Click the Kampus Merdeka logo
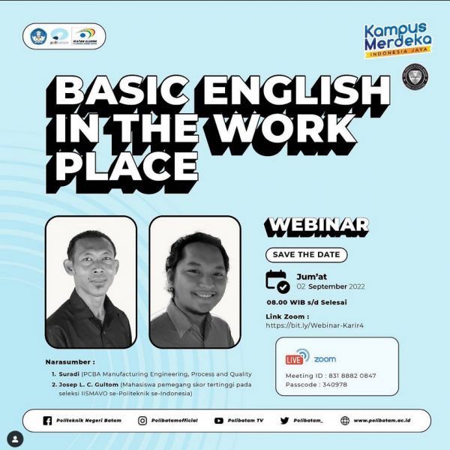(398, 41)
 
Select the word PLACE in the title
(126, 164)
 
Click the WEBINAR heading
(318, 224)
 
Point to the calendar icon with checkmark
(278, 280)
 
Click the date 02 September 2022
(330, 286)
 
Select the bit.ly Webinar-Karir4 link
(310, 326)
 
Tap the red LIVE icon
(298, 356)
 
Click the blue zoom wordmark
(325, 359)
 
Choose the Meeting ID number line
(331, 375)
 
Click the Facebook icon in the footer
(48, 421)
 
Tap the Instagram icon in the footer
(142, 421)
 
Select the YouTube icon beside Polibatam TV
(219, 421)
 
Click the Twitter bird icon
(284, 421)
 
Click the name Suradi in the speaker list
(70, 373)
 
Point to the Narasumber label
(70, 361)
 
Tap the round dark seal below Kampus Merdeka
(413, 77)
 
